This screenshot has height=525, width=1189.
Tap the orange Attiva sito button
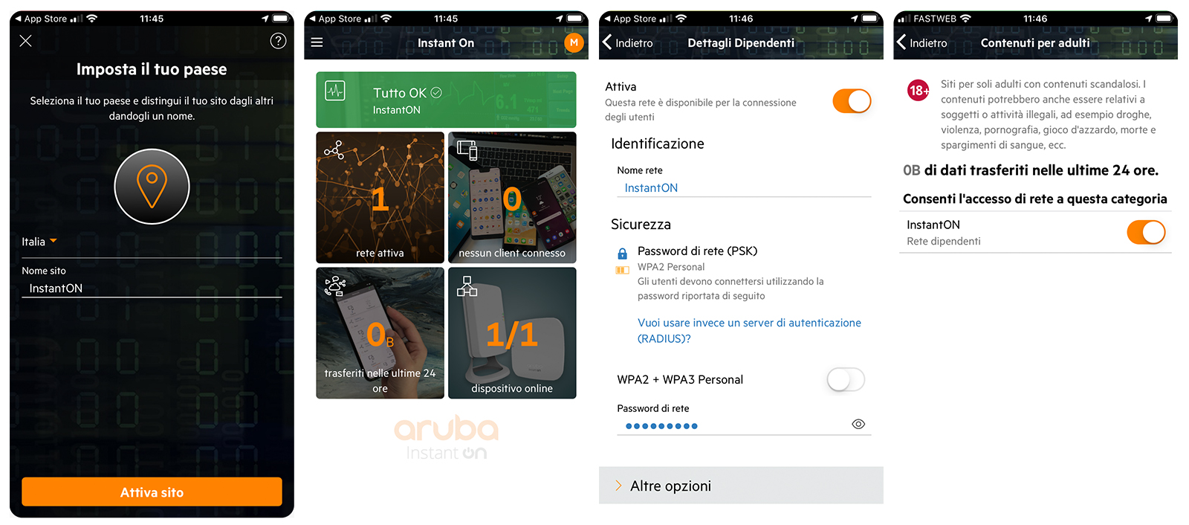pyautogui.click(x=152, y=492)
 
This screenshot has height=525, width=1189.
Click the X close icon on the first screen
pyautogui.click(x=25, y=41)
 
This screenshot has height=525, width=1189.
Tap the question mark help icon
pyautogui.click(x=278, y=41)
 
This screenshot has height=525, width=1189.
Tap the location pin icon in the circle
pyautogui.click(x=152, y=187)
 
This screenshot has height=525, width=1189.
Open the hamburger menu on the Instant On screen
pyautogui.click(x=317, y=42)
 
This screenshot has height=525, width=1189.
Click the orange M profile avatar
pyautogui.click(x=574, y=42)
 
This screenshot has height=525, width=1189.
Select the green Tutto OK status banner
pyautogui.click(x=446, y=100)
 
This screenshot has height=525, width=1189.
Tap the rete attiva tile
pyautogui.click(x=380, y=198)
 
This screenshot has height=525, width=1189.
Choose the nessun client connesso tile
pyautogui.click(x=512, y=198)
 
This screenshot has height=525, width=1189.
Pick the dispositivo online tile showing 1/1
pyautogui.click(x=512, y=333)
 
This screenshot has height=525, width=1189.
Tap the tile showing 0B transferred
pyautogui.click(x=380, y=333)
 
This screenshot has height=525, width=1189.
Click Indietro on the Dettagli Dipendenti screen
pyautogui.click(x=628, y=42)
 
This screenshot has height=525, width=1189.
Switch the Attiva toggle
pyautogui.click(x=852, y=101)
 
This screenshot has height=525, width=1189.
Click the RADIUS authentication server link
pyautogui.click(x=749, y=330)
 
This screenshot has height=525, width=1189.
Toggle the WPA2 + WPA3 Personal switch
pyautogui.click(x=846, y=379)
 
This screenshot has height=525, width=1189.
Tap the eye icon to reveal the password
pyautogui.click(x=858, y=424)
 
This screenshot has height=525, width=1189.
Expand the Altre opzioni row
pyautogui.click(x=741, y=485)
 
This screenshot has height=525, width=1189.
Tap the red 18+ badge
pyautogui.click(x=919, y=90)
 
